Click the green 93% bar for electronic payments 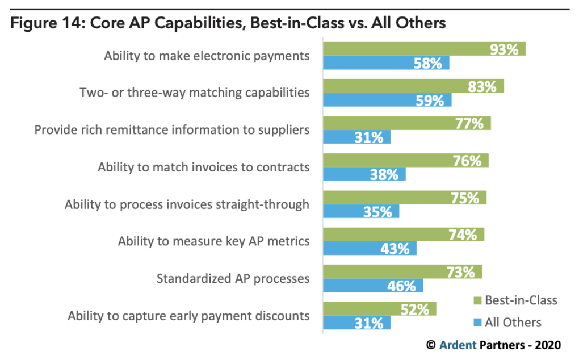point(424,49)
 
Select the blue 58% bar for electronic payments point(386,63)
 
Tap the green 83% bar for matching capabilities point(413,86)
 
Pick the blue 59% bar point(387,101)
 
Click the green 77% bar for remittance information point(406,123)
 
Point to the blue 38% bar point(364,174)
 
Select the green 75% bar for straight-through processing point(404,198)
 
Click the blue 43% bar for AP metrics point(370,249)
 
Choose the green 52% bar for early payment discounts point(379,309)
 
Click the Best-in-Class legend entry point(514,300)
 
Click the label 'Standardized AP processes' point(233,278)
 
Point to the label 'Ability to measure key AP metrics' point(213,241)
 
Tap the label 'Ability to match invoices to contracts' point(203,167)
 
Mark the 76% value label point(467,161)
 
